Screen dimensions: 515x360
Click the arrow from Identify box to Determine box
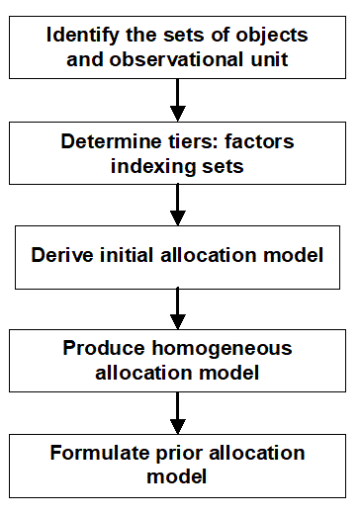[178, 98]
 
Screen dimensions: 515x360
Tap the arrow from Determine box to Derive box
[178, 207]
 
